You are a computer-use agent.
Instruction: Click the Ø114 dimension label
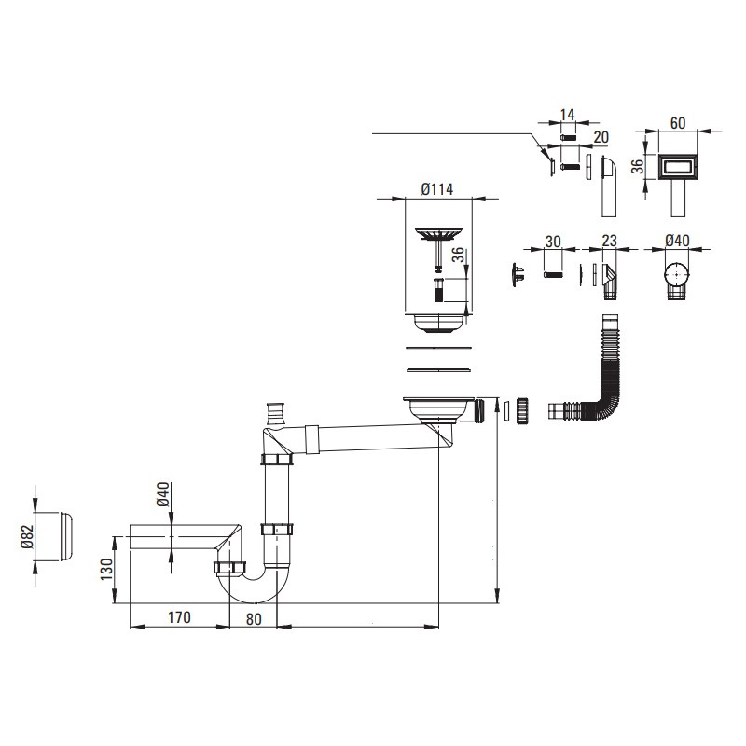pyautogui.click(x=436, y=189)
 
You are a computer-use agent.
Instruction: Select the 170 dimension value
pyautogui.click(x=179, y=617)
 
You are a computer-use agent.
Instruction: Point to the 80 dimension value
pyautogui.click(x=255, y=617)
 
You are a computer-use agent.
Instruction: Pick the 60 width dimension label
pyautogui.click(x=677, y=123)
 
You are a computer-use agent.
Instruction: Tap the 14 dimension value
pyautogui.click(x=568, y=116)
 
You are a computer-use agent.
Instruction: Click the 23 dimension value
pyautogui.click(x=609, y=241)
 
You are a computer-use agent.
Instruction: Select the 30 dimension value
pyautogui.click(x=553, y=241)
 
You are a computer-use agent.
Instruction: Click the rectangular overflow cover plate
pyautogui.click(x=677, y=168)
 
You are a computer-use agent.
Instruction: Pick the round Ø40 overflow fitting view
pyautogui.click(x=678, y=278)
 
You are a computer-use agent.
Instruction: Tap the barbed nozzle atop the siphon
pyautogui.click(x=274, y=410)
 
